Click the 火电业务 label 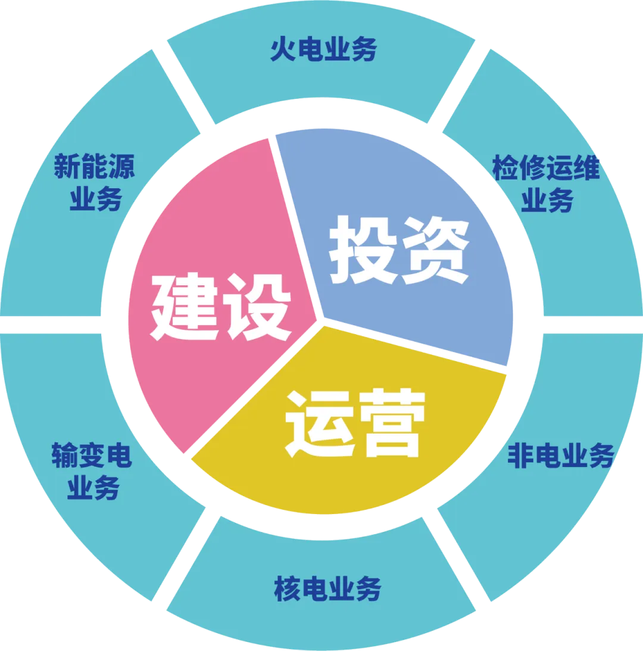click(323, 50)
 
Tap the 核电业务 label click(327, 589)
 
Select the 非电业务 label click(560, 457)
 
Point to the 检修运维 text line click(546, 169)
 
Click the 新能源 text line click(95, 167)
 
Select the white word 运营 click(355, 422)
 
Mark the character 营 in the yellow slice click(391, 422)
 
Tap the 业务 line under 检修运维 click(547, 201)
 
